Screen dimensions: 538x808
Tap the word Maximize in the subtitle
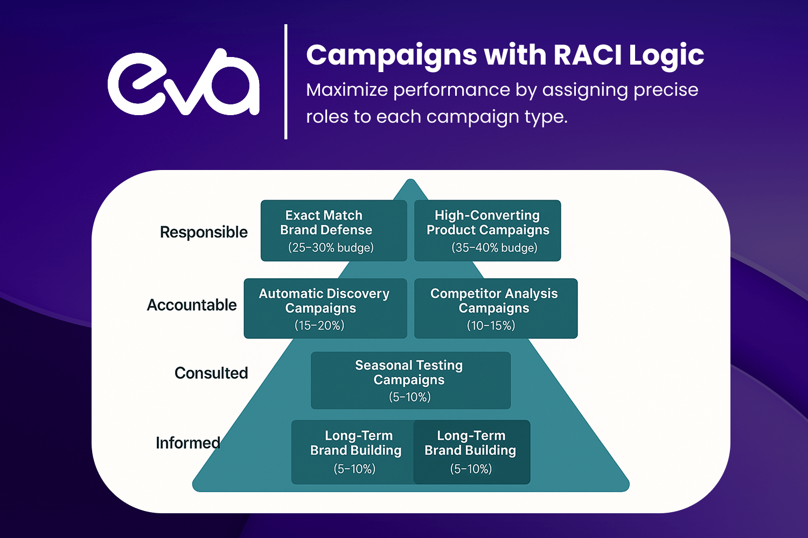(x=346, y=90)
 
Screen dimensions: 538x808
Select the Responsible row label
(x=204, y=232)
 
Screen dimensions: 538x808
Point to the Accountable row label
(x=192, y=305)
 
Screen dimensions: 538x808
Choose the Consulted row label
(x=211, y=373)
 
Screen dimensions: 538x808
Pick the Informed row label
(x=188, y=443)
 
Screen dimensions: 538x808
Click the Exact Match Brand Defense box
(x=333, y=230)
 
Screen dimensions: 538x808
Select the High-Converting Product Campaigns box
(x=487, y=230)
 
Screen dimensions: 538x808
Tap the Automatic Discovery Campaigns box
(x=325, y=308)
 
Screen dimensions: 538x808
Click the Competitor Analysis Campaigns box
(x=496, y=308)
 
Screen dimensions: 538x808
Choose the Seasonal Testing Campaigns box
(x=410, y=380)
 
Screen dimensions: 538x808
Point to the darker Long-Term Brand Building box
(x=471, y=452)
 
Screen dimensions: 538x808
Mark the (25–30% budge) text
(x=331, y=247)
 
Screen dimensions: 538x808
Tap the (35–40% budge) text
(x=494, y=247)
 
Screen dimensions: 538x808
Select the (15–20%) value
(x=319, y=325)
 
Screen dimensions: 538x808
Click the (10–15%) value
(x=491, y=325)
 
